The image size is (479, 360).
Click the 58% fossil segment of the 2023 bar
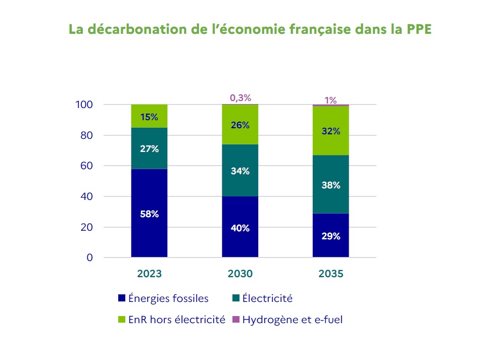[149, 214]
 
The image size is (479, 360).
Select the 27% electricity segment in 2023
[149, 148]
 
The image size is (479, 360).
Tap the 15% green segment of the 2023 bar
[149, 117]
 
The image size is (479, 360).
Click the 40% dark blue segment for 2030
[240, 228]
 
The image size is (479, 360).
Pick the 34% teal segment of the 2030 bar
[240, 171]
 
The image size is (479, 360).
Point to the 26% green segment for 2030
[240, 125]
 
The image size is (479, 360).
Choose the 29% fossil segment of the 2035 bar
[330, 236]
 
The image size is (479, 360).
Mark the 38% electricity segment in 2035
[330, 185]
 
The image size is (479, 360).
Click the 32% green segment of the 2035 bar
[330, 131]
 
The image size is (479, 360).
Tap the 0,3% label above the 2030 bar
[240, 98]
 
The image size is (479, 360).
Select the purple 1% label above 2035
[330, 100]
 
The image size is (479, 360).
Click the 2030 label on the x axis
[240, 274]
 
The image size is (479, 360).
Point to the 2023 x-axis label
[149, 274]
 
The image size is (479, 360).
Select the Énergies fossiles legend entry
[163, 298]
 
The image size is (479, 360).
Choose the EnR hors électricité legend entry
[171, 320]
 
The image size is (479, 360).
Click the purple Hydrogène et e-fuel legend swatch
[235, 320]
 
